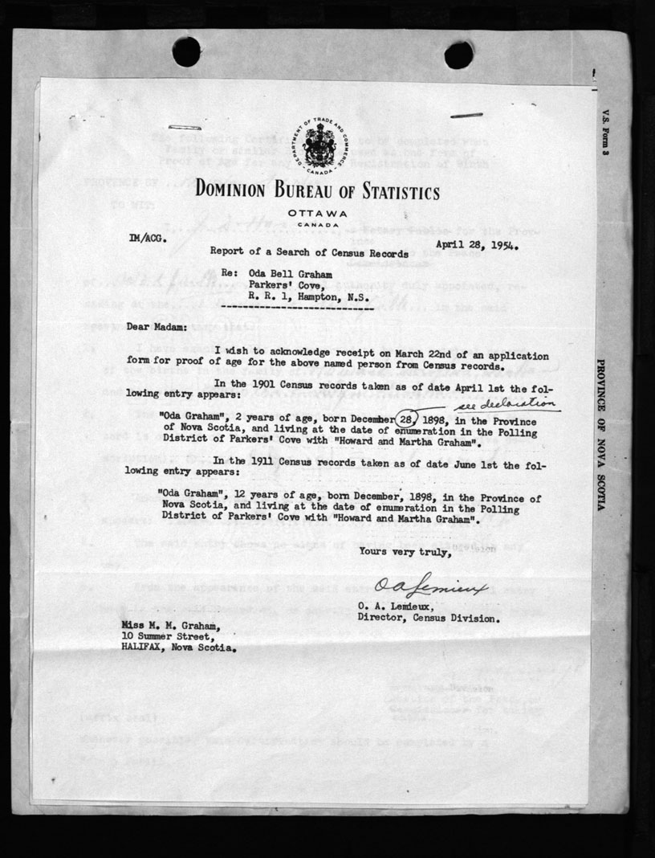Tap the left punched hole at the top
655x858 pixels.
tap(186, 51)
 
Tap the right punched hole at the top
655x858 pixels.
tap(458, 55)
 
